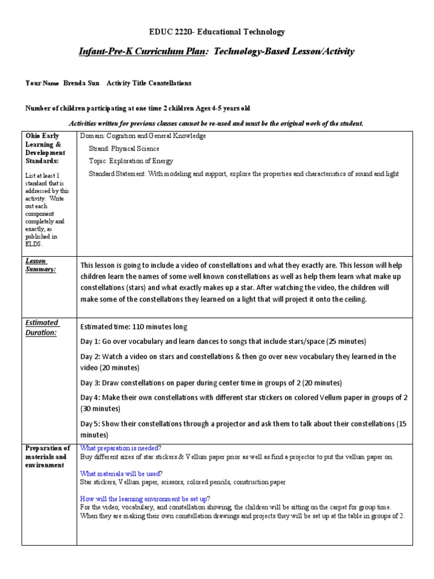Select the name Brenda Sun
81,83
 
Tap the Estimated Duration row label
41,327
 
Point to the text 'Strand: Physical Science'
124,149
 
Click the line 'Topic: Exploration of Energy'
131,161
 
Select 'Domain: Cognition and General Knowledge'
143,136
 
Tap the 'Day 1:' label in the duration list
91,342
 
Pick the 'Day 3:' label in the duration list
91,383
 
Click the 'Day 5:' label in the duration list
91,424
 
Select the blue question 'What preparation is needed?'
120,447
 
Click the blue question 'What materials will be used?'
121,473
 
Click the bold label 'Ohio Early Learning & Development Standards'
45,149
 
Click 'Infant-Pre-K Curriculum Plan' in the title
144,52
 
